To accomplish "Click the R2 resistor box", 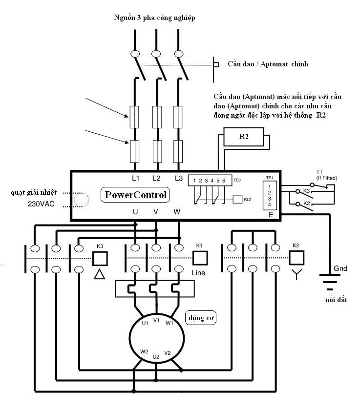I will [243, 138].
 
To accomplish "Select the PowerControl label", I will [136, 195].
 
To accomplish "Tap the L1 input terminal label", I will [136, 178].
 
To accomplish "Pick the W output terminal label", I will [177, 212].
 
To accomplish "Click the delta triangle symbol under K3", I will [100, 274].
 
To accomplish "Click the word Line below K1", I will [199, 272].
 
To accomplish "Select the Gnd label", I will [340, 269].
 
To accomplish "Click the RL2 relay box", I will [238, 199].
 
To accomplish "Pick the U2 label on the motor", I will [156, 357].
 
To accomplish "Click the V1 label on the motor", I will [156, 320].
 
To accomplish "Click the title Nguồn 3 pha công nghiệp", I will [154, 18].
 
